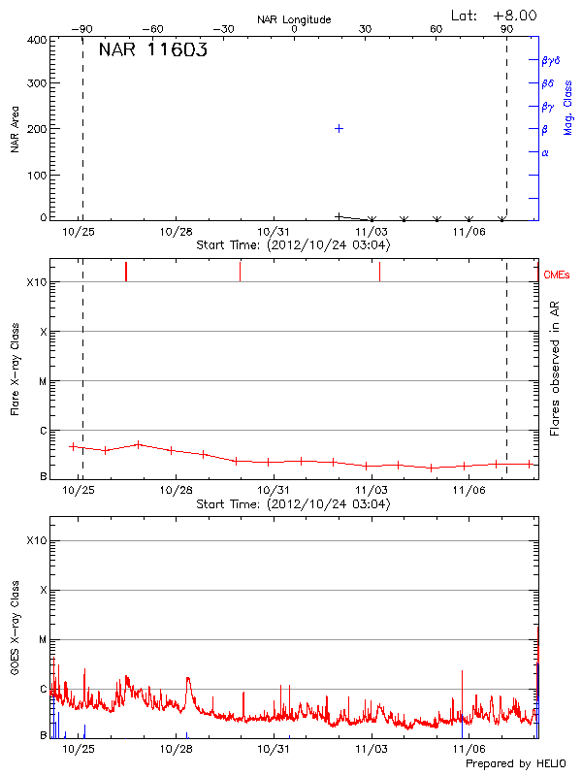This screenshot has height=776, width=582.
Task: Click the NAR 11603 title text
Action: pyautogui.click(x=152, y=51)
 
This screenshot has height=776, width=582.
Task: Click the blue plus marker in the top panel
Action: pyautogui.click(x=339, y=128)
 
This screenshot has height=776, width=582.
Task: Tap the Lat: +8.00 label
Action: pyautogui.click(x=495, y=16)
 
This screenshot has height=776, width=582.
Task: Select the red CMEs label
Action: pyautogui.click(x=557, y=275)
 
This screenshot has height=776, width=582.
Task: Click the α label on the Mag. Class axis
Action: pyautogui.click(x=545, y=152)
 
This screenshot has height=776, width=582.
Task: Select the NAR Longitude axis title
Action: pyautogui.click(x=294, y=19)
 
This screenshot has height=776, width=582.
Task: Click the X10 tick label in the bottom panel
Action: pyautogui.click(x=37, y=540)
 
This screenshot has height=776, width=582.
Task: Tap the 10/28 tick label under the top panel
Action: pyautogui.click(x=176, y=232)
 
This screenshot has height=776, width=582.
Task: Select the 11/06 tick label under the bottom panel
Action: pyautogui.click(x=469, y=749)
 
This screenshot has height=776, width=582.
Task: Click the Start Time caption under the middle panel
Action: pyautogui.click(x=293, y=504)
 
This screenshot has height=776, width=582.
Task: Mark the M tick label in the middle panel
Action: pyautogui.click(x=42, y=381)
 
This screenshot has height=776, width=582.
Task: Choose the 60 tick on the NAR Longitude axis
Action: pyautogui.click(x=436, y=30)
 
